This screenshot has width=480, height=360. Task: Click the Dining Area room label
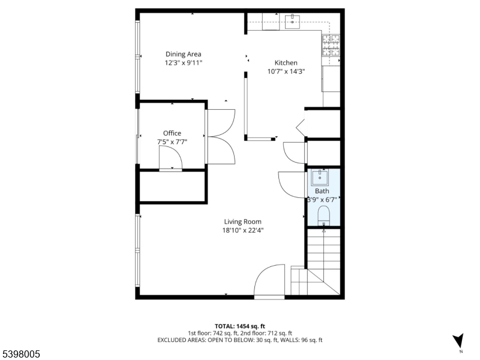pos(184,54)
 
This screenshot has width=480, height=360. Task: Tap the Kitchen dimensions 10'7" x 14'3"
pos(286,71)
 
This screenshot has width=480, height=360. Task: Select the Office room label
pos(172,133)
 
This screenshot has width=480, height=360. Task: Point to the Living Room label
pos(243,221)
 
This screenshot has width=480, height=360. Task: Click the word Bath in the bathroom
pos(322,191)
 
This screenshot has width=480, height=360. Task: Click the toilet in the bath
pos(323,215)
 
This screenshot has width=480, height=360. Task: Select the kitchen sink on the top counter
pos(293,22)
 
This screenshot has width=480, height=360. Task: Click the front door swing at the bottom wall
pos(269,281)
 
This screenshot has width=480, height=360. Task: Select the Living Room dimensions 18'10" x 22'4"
pos(243,230)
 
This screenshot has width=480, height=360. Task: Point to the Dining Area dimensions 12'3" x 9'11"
pos(184,62)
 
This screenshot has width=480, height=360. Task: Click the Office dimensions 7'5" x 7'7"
pos(172,142)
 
